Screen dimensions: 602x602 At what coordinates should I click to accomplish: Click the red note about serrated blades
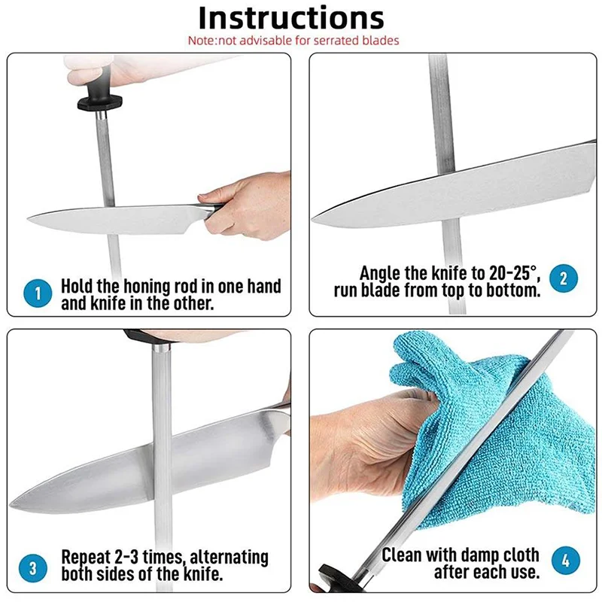click(293, 41)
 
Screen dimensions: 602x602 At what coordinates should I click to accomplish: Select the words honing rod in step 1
click(159, 287)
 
